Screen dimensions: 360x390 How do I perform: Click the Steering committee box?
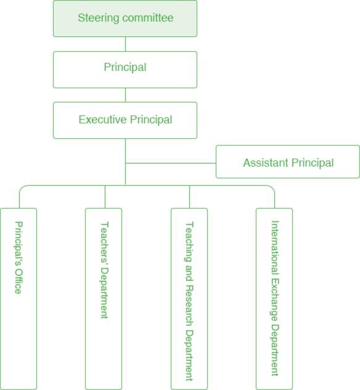tap(125, 19)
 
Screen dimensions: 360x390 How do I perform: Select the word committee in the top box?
tap(148, 18)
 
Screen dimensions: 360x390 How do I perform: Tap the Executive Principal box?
tap(125, 120)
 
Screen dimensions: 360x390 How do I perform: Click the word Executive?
tap(102, 120)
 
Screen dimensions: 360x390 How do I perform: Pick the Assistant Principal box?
tap(288, 162)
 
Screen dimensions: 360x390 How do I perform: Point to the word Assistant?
tap(266, 163)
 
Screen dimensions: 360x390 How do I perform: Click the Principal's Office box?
tap(18, 299)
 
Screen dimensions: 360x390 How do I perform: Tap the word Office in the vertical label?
tap(18, 281)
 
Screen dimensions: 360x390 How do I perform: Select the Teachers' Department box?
tap(104, 299)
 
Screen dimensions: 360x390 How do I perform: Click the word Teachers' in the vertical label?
tap(104, 243)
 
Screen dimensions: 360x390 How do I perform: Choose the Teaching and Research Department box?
tap(189, 299)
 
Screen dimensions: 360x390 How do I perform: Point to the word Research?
tap(189, 305)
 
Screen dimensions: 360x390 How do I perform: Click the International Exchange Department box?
tap(274, 299)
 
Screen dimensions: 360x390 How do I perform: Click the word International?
tap(275, 247)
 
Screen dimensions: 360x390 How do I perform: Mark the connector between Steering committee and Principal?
tap(126, 44)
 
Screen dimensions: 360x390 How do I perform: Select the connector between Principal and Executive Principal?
tap(126, 95)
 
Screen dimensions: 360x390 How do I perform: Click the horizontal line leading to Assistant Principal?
tap(171, 164)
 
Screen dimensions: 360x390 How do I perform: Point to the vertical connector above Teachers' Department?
tap(105, 197)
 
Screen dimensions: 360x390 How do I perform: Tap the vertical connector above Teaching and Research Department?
tap(190, 197)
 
